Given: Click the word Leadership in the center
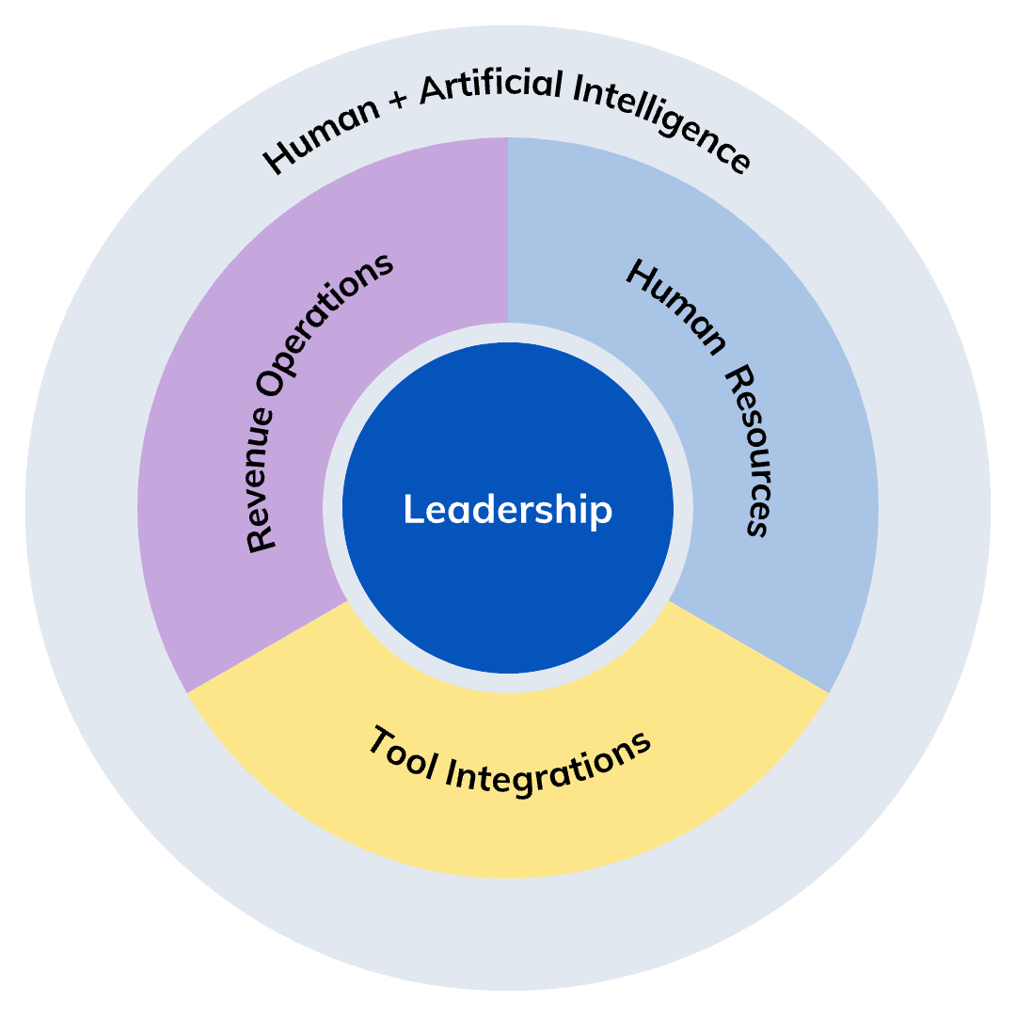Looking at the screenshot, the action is coord(508,510).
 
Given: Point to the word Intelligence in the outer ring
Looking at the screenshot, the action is coord(663,122).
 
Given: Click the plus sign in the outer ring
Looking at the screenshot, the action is coord(396,103).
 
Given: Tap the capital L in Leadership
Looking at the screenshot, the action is coord(411,510).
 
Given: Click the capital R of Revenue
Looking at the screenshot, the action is coord(261,540).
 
